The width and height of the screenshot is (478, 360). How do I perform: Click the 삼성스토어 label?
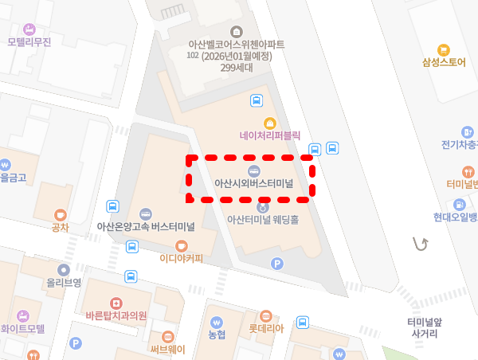click(x=444, y=62)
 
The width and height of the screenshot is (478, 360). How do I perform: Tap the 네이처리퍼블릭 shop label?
click(x=270, y=136)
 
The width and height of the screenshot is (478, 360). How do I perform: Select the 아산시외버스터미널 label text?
click(x=254, y=183)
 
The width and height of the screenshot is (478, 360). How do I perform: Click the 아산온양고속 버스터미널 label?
click(x=146, y=227)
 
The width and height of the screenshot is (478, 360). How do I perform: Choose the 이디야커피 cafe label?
click(x=181, y=258)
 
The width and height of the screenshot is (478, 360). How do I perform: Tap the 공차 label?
click(x=60, y=227)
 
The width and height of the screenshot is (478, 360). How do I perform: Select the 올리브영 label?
click(x=64, y=282)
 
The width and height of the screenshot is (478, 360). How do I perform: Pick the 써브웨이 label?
click(x=168, y=348)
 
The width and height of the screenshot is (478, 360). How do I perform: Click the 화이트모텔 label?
click(x=23, y=327)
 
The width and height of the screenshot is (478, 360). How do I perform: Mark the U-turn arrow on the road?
click(x=420, y=244)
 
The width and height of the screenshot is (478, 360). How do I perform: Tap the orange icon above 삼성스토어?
click(x=445, y=49)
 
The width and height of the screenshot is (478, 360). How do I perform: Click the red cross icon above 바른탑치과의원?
click(x=116, y=303)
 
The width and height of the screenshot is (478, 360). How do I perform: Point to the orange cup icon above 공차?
click(x=60, y=214)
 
